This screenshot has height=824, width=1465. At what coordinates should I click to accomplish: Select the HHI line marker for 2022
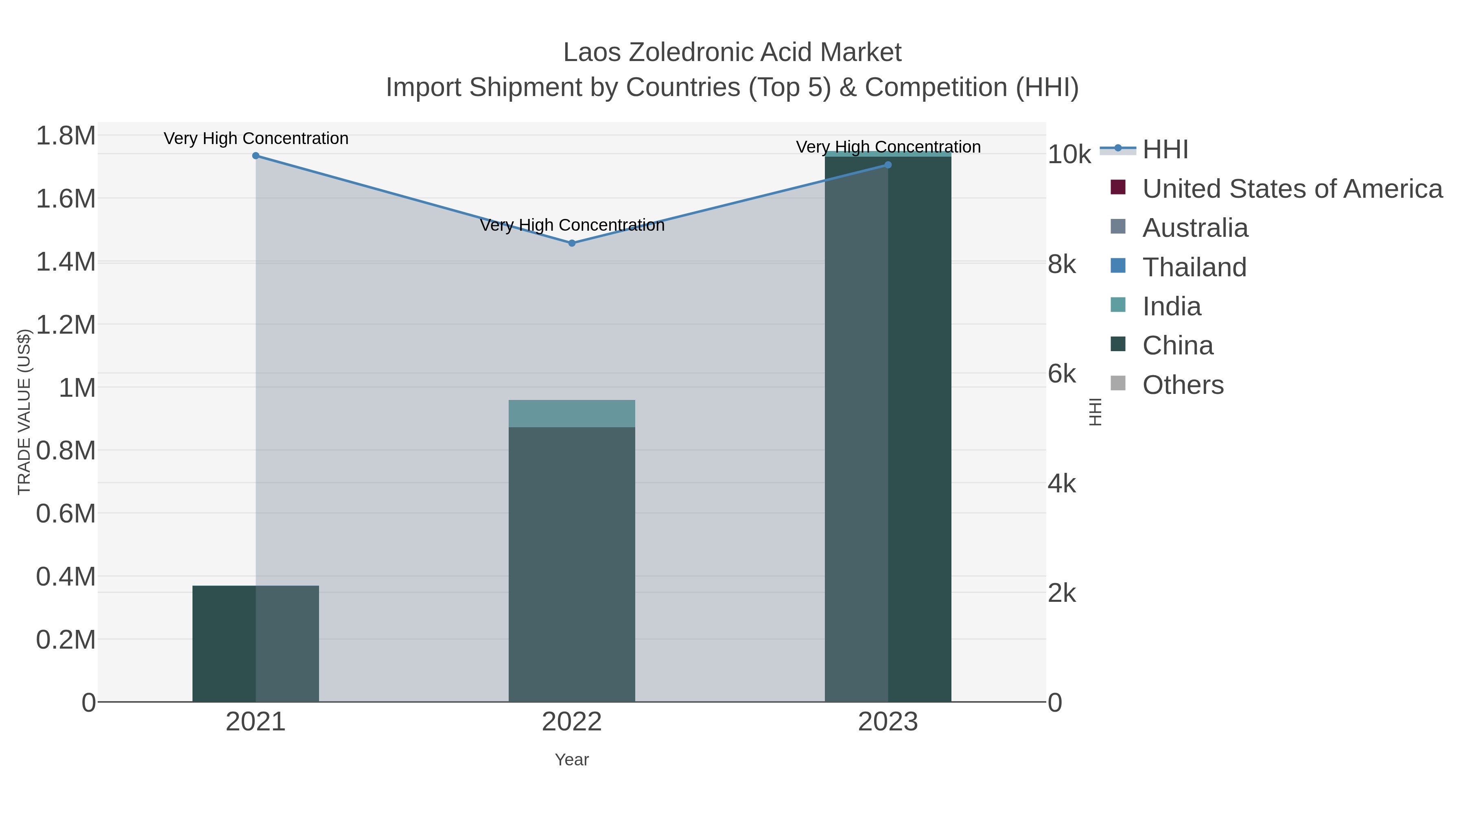572,243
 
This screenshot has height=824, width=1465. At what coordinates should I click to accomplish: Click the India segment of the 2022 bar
572,413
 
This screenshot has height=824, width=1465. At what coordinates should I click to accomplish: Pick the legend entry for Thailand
1194,267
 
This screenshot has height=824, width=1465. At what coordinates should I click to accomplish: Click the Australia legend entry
1195,228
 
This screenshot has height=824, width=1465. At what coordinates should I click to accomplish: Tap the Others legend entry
1183,385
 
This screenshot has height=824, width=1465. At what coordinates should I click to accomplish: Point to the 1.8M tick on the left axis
66,136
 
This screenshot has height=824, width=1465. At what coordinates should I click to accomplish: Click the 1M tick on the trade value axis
77,389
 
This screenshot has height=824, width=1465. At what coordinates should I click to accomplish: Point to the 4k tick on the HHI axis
1062,484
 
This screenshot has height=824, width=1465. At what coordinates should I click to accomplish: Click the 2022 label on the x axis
572,722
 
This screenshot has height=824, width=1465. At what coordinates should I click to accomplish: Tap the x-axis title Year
572,760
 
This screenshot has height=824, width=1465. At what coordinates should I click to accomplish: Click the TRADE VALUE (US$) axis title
24,412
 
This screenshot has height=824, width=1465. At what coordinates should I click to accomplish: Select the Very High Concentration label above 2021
256,139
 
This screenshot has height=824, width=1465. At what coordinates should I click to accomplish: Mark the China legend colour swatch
1117,344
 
